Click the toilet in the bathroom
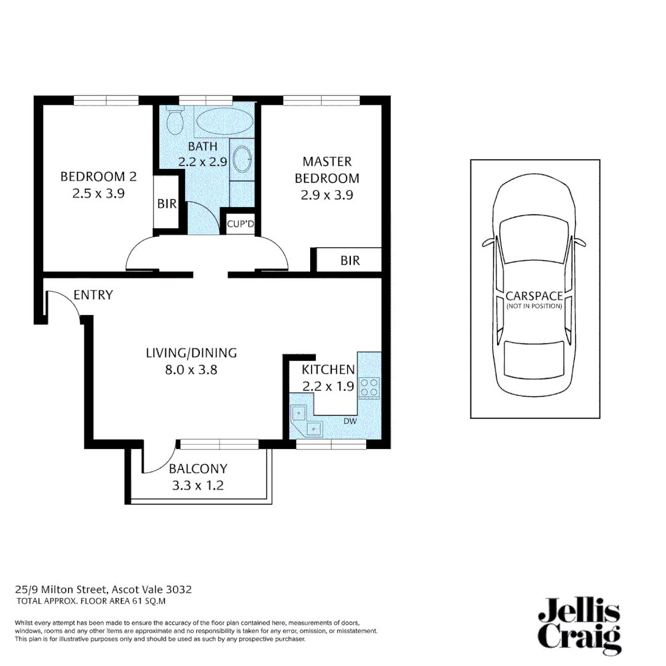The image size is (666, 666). [175, 121]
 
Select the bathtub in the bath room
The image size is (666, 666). [223, 120]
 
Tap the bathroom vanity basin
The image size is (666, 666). [243, 157]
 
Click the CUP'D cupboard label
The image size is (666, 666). [240, 224]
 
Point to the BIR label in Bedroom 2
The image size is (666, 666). [166, 204]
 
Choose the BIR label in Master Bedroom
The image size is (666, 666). [350, 261]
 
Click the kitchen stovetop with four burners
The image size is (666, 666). [370, 387]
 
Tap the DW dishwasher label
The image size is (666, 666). [350, 421]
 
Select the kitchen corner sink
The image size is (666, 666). [307, 419]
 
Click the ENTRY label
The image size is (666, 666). [93, 295]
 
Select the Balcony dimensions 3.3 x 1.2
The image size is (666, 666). [198, 485]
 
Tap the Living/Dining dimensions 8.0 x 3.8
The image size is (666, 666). [191, 371]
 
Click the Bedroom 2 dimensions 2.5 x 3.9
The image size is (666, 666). [98, 193]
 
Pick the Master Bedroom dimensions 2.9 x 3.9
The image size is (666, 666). [327, 195]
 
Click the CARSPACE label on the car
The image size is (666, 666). [533, 296]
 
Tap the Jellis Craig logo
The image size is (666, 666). [578, 625]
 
